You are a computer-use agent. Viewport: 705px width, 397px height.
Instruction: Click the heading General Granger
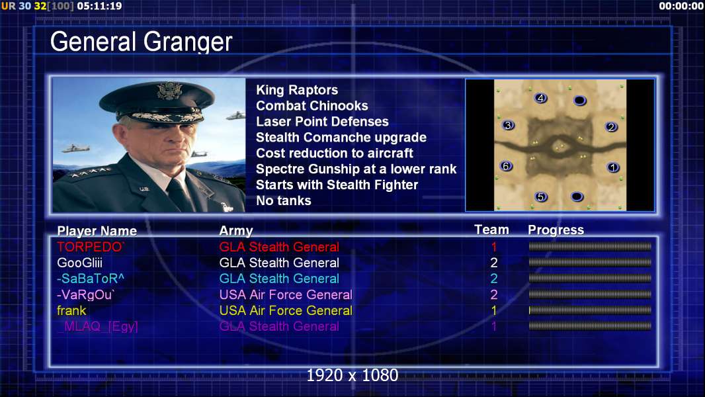coord(141,42)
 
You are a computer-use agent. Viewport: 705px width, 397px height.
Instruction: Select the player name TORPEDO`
coord(91,247)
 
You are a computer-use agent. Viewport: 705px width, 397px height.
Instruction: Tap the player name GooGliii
coord(79,263)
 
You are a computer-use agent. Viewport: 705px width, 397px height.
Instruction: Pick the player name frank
coord(71,310)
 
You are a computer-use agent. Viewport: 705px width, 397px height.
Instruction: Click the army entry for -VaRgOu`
coord(286,294)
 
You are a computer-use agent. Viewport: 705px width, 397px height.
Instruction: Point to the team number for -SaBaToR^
coord(493,279)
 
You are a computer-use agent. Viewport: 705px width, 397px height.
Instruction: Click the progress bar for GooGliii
coord(590,263)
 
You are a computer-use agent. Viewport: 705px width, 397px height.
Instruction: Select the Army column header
coord(236,231)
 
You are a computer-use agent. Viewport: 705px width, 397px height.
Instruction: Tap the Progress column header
coord(556,230)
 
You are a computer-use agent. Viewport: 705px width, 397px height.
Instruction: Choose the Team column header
coord(492,230)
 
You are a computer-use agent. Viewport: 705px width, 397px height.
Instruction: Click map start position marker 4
coord(540,98)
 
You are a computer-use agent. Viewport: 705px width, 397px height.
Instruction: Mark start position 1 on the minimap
coord(612,167)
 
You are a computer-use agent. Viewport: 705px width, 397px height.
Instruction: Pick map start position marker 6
coord(507,166)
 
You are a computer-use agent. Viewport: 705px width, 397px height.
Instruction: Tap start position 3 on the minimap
coord(508,126)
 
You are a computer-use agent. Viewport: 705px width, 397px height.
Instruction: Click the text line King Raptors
coord(297,90)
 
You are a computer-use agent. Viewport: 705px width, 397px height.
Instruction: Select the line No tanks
coord(283,200)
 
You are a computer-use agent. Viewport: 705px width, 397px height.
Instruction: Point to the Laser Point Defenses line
coord(322,121)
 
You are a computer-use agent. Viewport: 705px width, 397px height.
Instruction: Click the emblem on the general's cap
coord(169,91)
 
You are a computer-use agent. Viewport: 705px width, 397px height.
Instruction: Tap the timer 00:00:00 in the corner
coord(681,6)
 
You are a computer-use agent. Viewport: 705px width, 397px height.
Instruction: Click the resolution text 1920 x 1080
coord(352,375)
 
